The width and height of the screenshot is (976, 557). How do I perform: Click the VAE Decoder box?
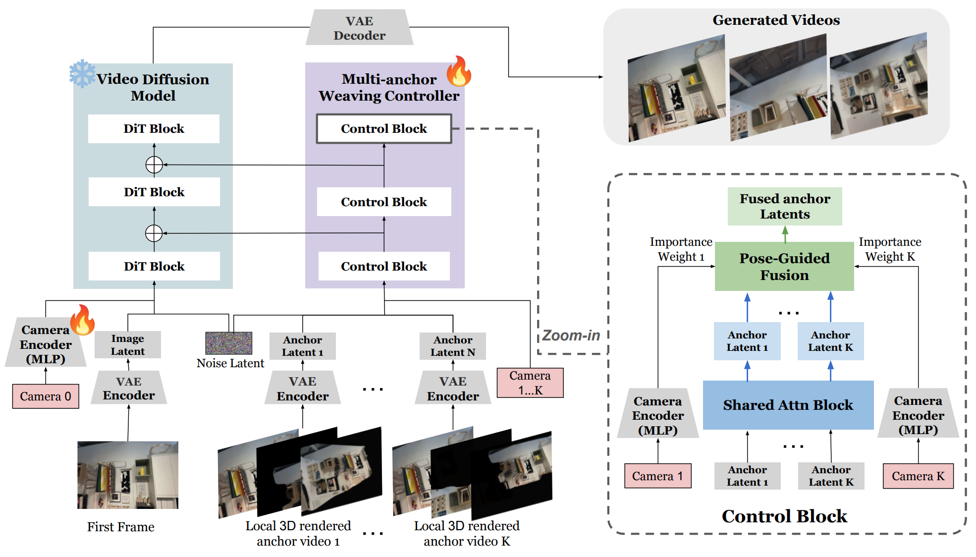pyautogui.click(x=359, y=28)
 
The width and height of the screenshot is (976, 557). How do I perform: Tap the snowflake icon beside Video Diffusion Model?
pyautogui.click(x=82, y=73)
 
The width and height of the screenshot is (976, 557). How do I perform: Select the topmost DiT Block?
pyautogui.click(x=154, y=129)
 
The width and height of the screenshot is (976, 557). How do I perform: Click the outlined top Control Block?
pyautogui.click(x=384, y=129)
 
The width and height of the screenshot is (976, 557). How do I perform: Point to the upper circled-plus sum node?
pyautogui.click(x=154, y=165)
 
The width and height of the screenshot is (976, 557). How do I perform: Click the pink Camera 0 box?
pyautogui.click(x=46, y=396)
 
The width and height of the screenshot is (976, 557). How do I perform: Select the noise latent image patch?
pyautogui.click(x=229, y=343)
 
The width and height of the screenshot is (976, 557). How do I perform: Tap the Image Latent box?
pyautogui.click(x=128, y=345)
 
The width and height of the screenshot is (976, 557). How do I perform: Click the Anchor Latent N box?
pyautogui.click(x=453, y=346)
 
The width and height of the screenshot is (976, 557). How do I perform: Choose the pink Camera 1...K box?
pyautogui.click(x=530, y=383)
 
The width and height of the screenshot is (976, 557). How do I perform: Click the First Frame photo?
pyautogui.click(x=128, y=475)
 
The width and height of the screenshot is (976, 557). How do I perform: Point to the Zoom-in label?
pyautogui.click(x=571, y=335)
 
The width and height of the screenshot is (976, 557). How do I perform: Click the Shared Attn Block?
pyautogui.click(x=788, y=405)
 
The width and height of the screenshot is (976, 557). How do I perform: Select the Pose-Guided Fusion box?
pyautogui.click(x=784, y=267)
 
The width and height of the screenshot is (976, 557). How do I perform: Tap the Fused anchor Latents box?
pyautogui.click(x=785, y=206)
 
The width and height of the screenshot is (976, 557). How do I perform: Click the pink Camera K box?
pyautogui.click(x=918, y=476)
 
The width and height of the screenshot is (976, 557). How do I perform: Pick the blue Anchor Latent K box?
pyautogui.click(x=830, y=341)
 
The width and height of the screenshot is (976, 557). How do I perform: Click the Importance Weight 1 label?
pyautogui.click(x=681, y=249)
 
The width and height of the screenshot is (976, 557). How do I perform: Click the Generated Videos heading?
pyautogui.click(x=776, y=20)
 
